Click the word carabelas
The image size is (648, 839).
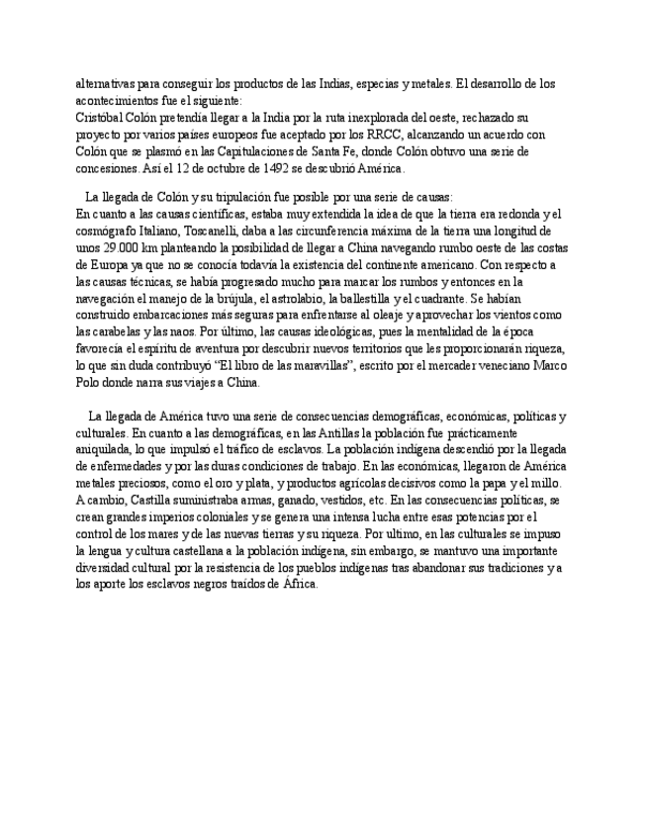pyautogui.click(x=120, y=331)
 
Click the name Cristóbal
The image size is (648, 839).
pyautogui.click(x=101, y=118)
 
